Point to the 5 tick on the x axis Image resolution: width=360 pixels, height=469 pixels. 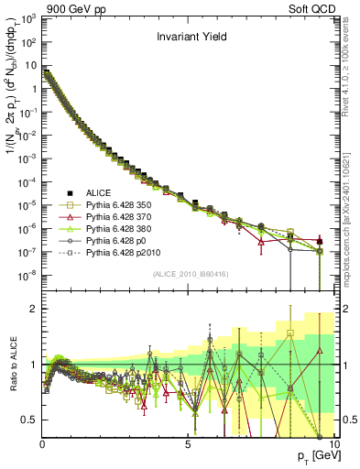188,444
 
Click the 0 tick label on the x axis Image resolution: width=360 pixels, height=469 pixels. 43,444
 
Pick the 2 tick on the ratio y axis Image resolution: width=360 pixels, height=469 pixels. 34,309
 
